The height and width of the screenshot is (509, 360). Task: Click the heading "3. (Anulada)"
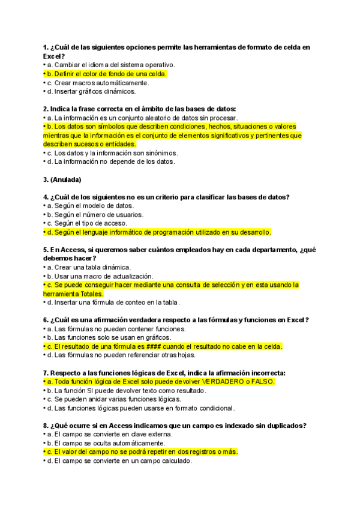[x=62, y=179]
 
